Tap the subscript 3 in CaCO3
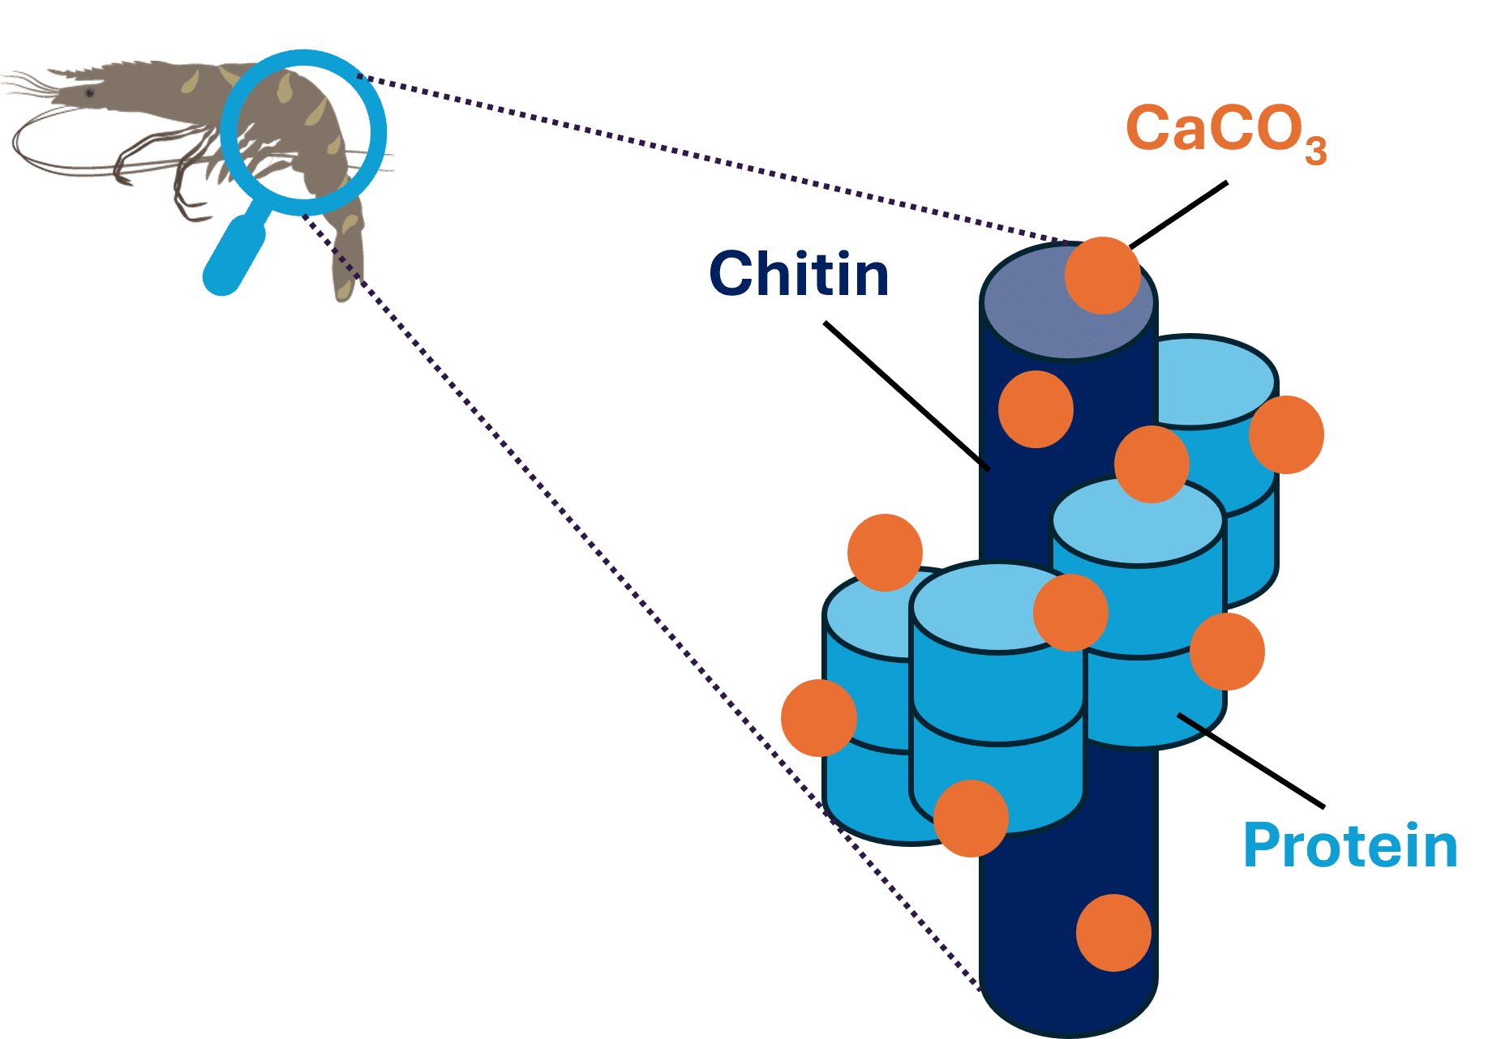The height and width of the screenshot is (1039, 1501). pos(1315,151)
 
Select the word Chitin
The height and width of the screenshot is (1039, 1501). pos(799,274)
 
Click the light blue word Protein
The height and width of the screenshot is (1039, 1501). pos(1350,846)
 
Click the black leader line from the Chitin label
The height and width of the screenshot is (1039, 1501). pos(907,396)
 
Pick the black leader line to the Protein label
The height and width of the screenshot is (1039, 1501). pos(1250,761)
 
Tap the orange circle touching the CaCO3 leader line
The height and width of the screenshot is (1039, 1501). pos(1102,276)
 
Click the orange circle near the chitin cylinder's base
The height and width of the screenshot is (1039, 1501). pos(1113,933)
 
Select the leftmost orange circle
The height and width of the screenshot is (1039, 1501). pos(819,718)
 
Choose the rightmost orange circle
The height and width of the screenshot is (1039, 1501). pos(1287,434)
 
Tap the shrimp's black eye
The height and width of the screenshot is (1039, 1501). pos(89,93)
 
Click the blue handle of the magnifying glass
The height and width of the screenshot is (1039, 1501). pos(235,254)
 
